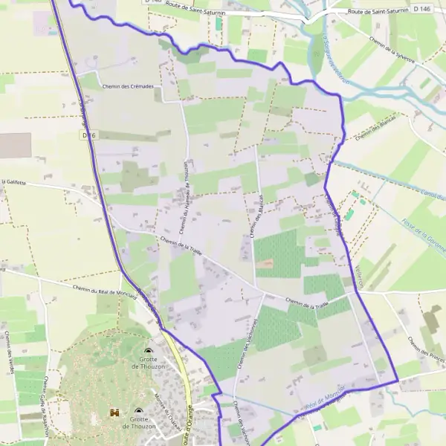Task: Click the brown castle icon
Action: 114,412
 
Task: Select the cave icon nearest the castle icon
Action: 139,411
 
